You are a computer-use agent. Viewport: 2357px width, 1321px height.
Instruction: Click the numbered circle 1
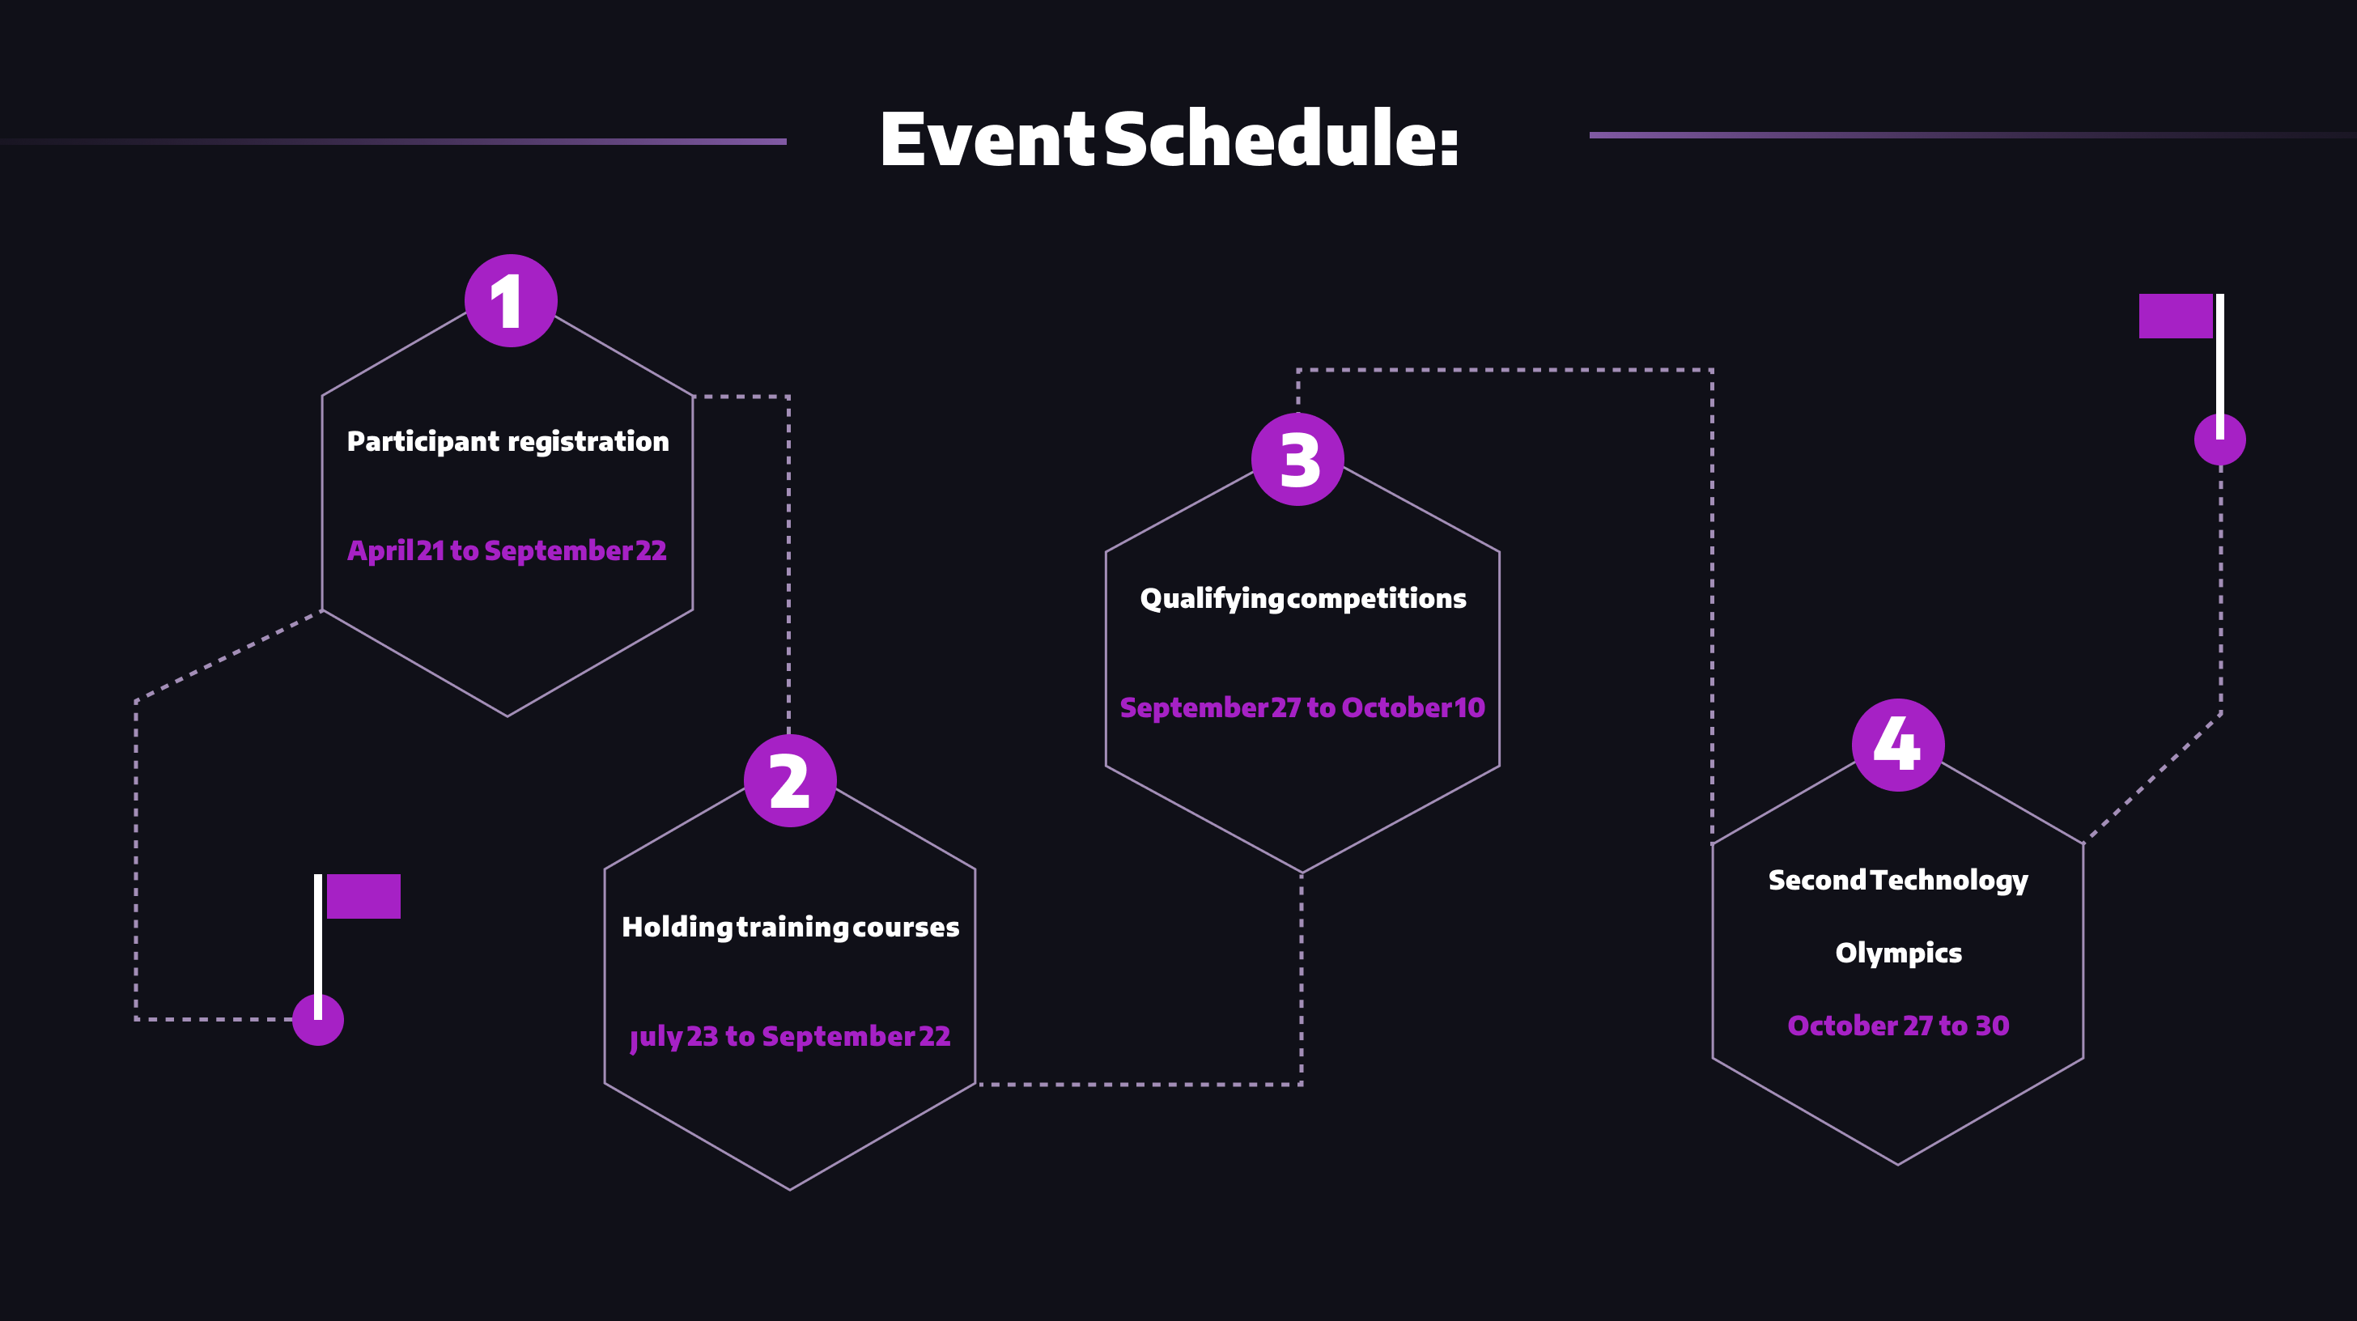coord(511,301)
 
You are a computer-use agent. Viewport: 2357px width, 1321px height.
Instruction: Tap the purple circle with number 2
coord(790,781)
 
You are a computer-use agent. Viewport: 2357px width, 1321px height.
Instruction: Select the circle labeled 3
coord(1297,459)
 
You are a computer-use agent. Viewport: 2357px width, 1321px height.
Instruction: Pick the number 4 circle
coord(1898,745)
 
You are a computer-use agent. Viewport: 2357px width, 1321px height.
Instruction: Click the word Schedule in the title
coord(1279,140)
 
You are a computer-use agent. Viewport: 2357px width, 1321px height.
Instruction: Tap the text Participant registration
coord(507,442)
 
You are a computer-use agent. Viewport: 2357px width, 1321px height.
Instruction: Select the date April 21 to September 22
coord(507,550)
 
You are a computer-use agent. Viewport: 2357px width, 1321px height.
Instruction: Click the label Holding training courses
coord(791,928)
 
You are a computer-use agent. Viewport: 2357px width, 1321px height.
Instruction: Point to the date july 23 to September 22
coord(791,1037)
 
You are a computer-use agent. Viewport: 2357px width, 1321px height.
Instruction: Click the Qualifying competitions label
coord(1303,599)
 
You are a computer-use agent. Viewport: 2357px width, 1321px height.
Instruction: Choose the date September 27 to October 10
coord(1302,708)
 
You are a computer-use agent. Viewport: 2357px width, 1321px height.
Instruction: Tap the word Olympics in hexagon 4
coord(1899,954)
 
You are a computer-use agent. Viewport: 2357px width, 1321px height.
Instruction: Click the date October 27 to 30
coord(1899,1026)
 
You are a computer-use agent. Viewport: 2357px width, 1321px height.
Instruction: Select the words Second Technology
coord(1899,880)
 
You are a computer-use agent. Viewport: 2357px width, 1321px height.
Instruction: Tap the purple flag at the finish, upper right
coord(2175,316)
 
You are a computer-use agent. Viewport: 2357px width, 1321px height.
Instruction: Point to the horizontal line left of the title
coord(457,142)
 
